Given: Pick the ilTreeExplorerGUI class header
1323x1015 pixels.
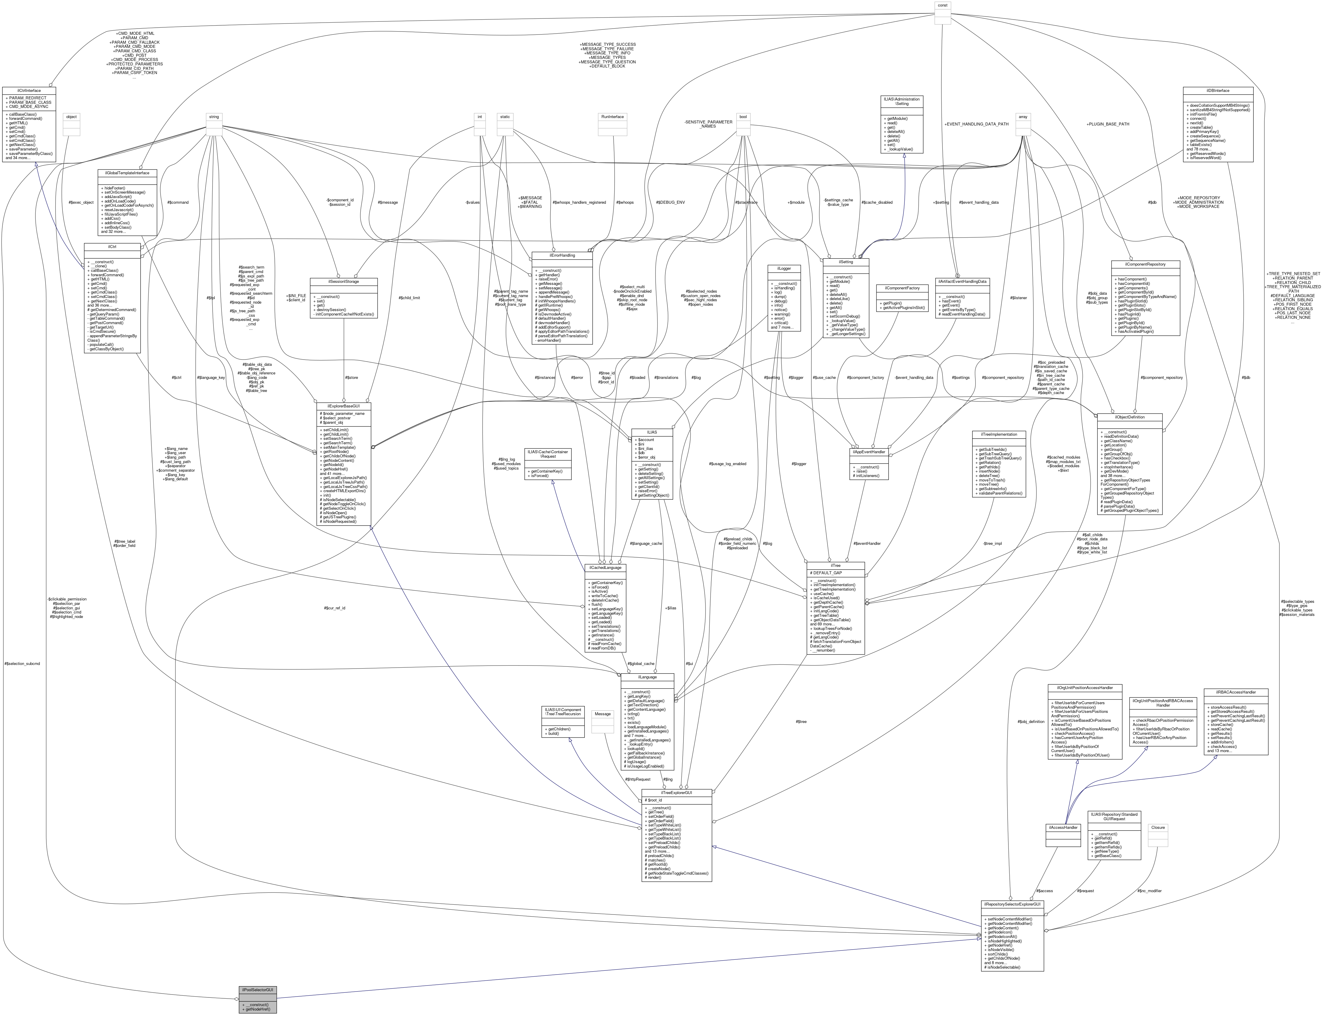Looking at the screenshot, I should pos(676,792).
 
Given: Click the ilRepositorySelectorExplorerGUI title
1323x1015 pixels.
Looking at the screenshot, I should pos(1012,904).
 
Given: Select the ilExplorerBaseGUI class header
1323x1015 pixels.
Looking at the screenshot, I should pos(344,406).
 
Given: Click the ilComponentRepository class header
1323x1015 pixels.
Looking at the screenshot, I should pos(1146,264).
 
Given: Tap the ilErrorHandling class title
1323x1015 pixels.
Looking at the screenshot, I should pos(562,255).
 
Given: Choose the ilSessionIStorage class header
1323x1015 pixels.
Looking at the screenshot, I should pos(344,282).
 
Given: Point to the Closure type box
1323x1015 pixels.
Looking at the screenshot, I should pos(1157,827).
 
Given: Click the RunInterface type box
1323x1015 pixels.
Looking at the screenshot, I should pos(612,117).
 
